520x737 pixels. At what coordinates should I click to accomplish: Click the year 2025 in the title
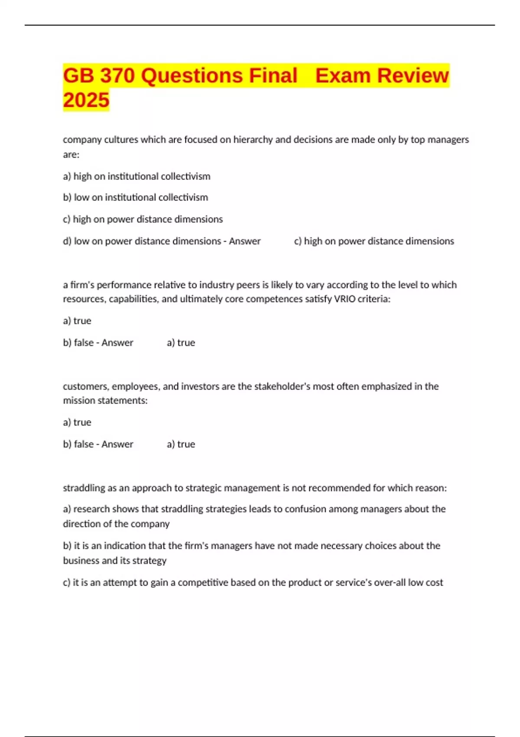pyautogui.click(x=86, y=100)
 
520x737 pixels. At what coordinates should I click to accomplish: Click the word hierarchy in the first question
pyautogui.click(x=253, y=140)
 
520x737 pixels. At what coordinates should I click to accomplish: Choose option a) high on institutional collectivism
pyautogui.click(x=136, y=176)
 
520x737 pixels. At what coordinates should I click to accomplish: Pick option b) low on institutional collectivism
pyautogui.click(x=135, y=197)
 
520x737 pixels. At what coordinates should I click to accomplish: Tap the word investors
pyautogui.click(x=200, y=386)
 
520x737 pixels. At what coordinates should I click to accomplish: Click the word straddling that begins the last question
pyautogui.click(x=84, y=488)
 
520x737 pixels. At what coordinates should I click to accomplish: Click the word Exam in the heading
pyautogui.click(x=342, y=75)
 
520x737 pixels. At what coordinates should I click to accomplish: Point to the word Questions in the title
pyautogui.click(x=192, y=75)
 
